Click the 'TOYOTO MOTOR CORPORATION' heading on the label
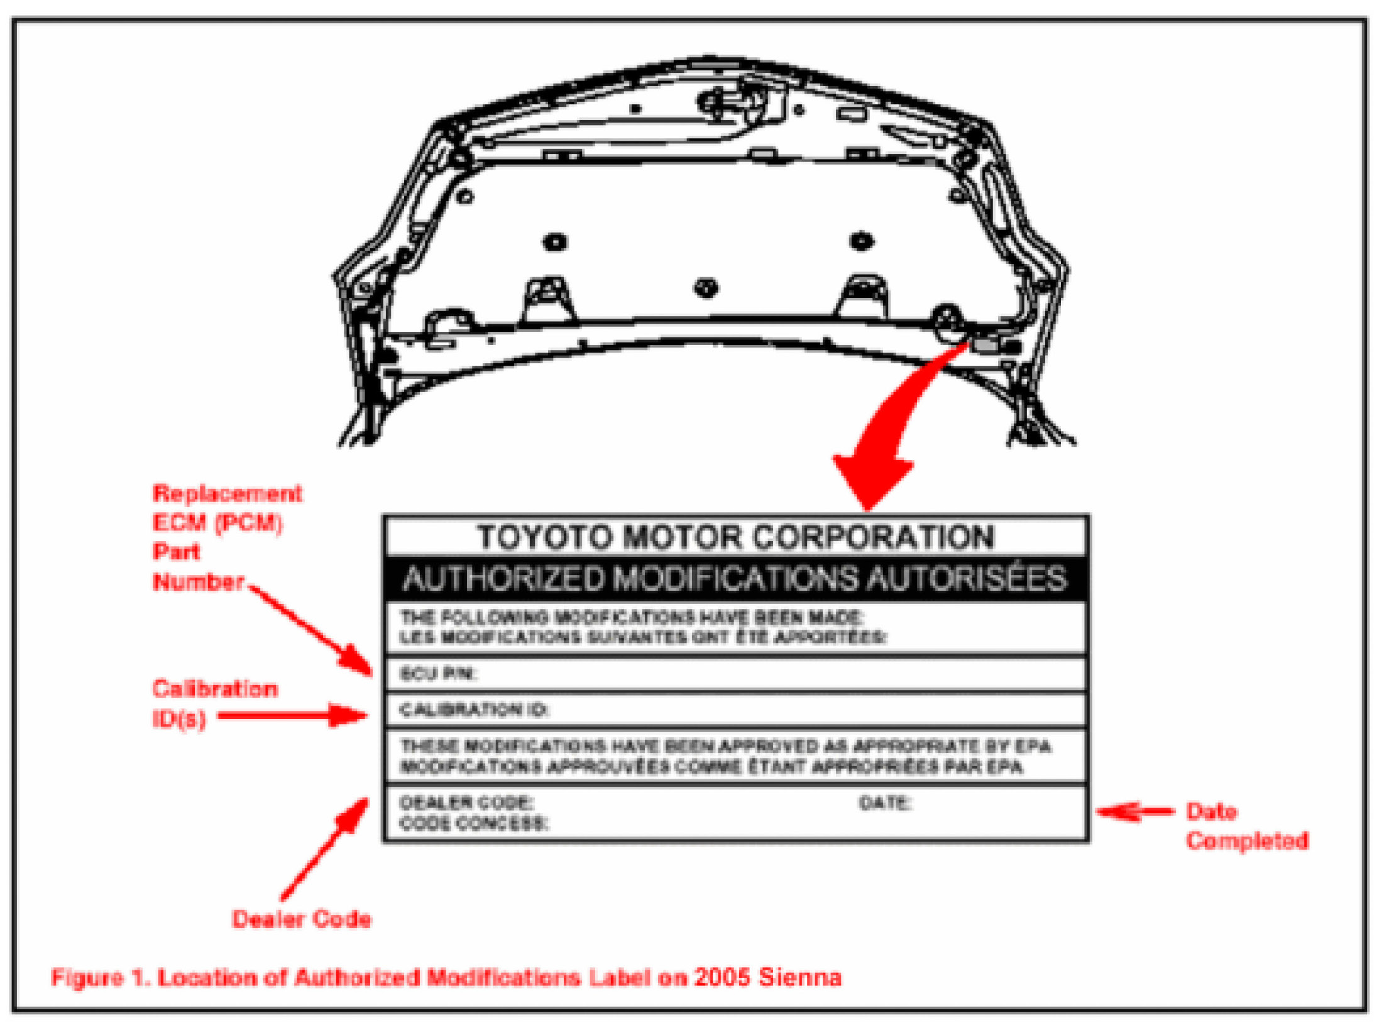point(735,538)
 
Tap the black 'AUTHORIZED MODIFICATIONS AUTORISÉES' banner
point(735,579)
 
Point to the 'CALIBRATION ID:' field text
point(474,710)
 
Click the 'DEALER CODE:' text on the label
point(466,803)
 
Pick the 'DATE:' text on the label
point(885,803)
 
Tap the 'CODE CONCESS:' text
point(474,823)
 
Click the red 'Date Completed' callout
point(1246,826)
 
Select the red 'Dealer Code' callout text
point(302,919)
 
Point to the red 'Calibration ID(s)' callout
point(214,703)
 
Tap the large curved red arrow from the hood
point(892,427)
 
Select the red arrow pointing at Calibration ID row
point(292,715)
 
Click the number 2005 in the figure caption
point(723,977)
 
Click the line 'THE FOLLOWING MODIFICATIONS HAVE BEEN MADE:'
point(632,616)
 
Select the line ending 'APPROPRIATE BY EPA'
point(725,746)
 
